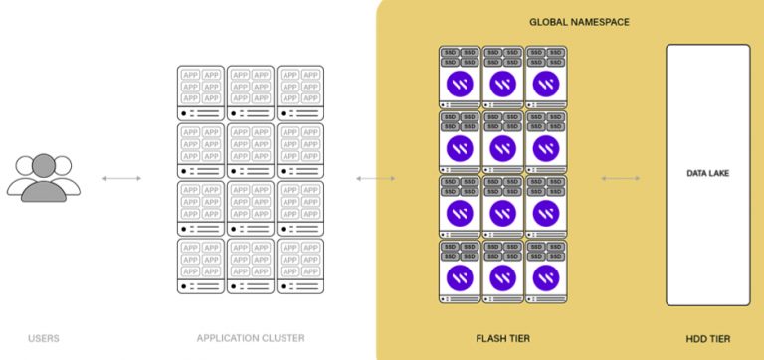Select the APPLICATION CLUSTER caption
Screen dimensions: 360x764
click(x=251, y=338)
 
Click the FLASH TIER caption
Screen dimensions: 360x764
click(x=501, y=338)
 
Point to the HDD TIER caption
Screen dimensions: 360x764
click(x=707, y=338)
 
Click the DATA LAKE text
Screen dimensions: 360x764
click(x=707, y=173)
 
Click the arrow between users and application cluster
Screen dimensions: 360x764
click(x=121, y=179)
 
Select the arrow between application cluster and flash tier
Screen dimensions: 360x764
click(x=376, y=179)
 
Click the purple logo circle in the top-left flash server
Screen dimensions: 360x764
click(x=460, y=84)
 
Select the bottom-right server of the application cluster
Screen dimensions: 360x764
click(x=299, y=266)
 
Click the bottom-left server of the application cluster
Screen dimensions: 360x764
click(x=201, y=266)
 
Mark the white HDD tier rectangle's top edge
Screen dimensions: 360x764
click(x=707, y=45)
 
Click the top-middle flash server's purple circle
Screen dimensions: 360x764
click(x=502, y=84)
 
